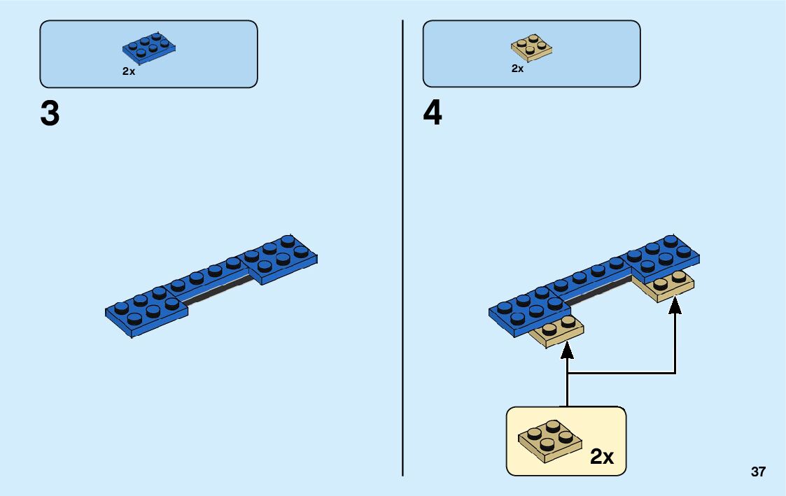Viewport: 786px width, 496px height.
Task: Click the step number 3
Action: point(50,114)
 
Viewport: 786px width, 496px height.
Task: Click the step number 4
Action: point(433,114)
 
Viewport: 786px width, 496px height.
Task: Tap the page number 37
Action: point(758,472)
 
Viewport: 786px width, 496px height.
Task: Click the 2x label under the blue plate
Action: point(129,71)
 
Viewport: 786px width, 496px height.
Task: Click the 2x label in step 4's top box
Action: point(517,69)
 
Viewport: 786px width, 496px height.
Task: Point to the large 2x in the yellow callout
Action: point(601,457)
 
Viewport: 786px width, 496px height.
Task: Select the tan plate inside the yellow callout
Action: point(550,441)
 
